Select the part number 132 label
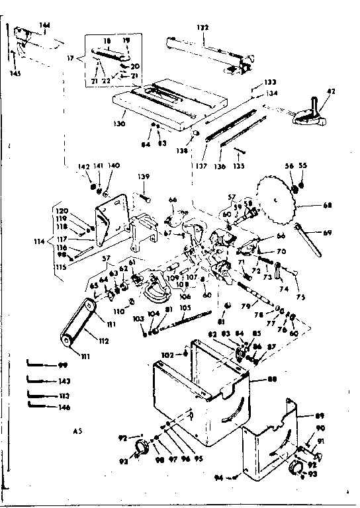click(x=202, y=27)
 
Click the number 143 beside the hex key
click(x=64, y=380)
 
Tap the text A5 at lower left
click(x=78, y=431)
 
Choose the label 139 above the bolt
click(x=144, y=177)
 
